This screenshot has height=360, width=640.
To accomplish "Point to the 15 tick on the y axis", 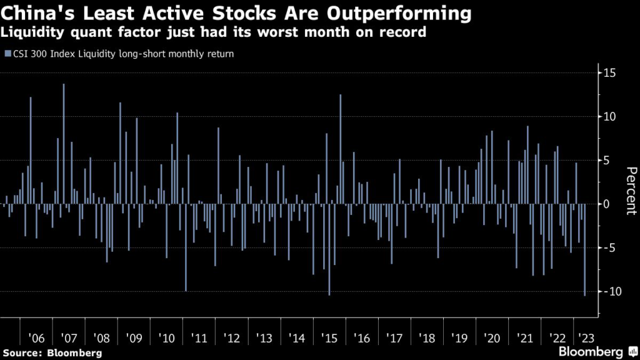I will click(x=610, y=73).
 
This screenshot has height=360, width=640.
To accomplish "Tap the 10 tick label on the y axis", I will click(x=610, y=117).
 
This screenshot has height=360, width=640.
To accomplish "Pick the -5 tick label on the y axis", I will click(x=610, y=248).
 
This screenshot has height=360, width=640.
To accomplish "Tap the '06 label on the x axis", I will click(x=37, y=338).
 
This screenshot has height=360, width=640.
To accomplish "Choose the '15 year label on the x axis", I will click(x=329, y=338).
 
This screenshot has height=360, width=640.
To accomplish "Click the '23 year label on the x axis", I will click(x=584, y=338).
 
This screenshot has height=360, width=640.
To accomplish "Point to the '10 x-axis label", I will click(x=167, y=338).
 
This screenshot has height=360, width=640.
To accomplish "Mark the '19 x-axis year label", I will click(x=459, y=338).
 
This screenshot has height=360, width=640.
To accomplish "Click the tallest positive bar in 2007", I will click(x=63, y=144).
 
